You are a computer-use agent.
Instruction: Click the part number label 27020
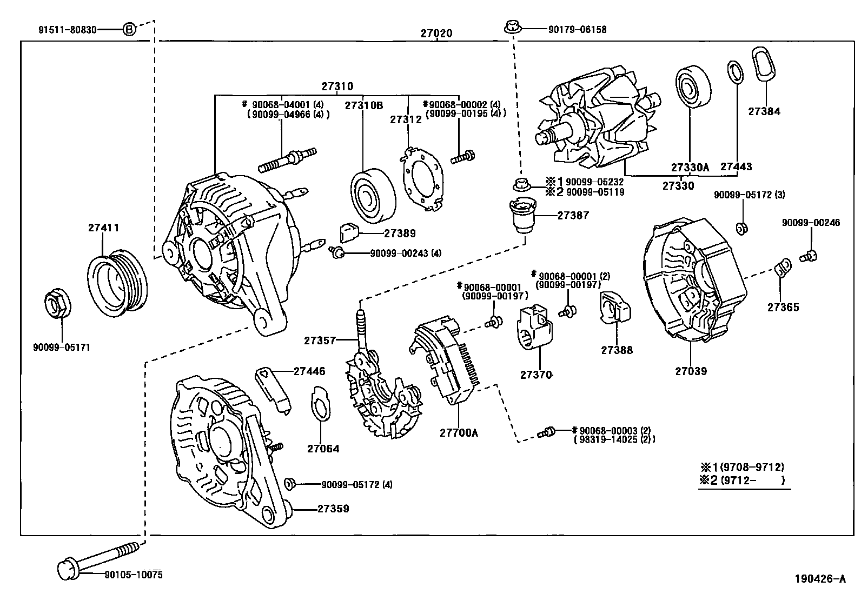coord(436,34)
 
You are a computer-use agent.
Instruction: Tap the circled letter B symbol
coord(129,29)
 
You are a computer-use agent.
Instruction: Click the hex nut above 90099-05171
coord(57,304)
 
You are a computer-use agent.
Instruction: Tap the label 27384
coord(764,111)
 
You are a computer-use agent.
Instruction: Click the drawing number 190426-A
coord(820,579)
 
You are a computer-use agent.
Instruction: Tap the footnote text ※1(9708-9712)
coord(742,466)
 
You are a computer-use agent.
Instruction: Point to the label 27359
coord(333,509)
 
